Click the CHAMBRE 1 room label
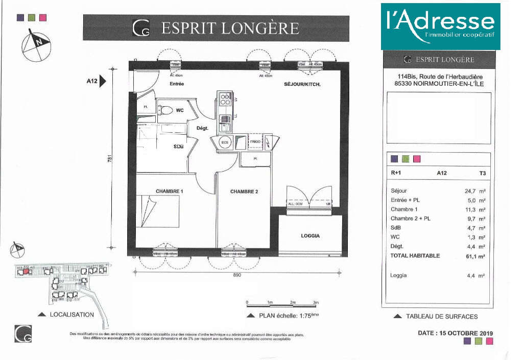(169, 191)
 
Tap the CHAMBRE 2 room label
(244, 192)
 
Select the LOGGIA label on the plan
(310, 236)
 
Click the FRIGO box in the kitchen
(254, 142)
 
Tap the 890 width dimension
(236, 275)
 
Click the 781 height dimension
(109, 159)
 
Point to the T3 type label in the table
(482, 173)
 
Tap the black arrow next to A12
(102, 81)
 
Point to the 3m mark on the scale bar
(316, 303)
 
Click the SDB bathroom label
(178, 147)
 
